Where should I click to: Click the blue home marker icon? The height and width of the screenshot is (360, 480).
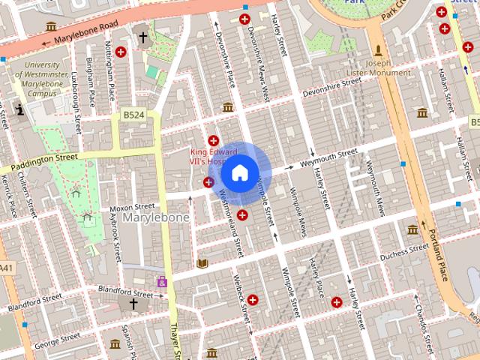coord(239,173)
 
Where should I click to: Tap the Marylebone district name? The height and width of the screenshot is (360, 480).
coord(155,217)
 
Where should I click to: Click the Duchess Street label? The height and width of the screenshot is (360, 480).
coord(403,256)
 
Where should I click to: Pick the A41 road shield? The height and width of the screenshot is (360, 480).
coord(6,268)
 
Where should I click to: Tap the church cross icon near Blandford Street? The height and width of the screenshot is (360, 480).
coord(133,304)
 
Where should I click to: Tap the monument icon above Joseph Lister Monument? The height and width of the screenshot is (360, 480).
coord(379,50)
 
